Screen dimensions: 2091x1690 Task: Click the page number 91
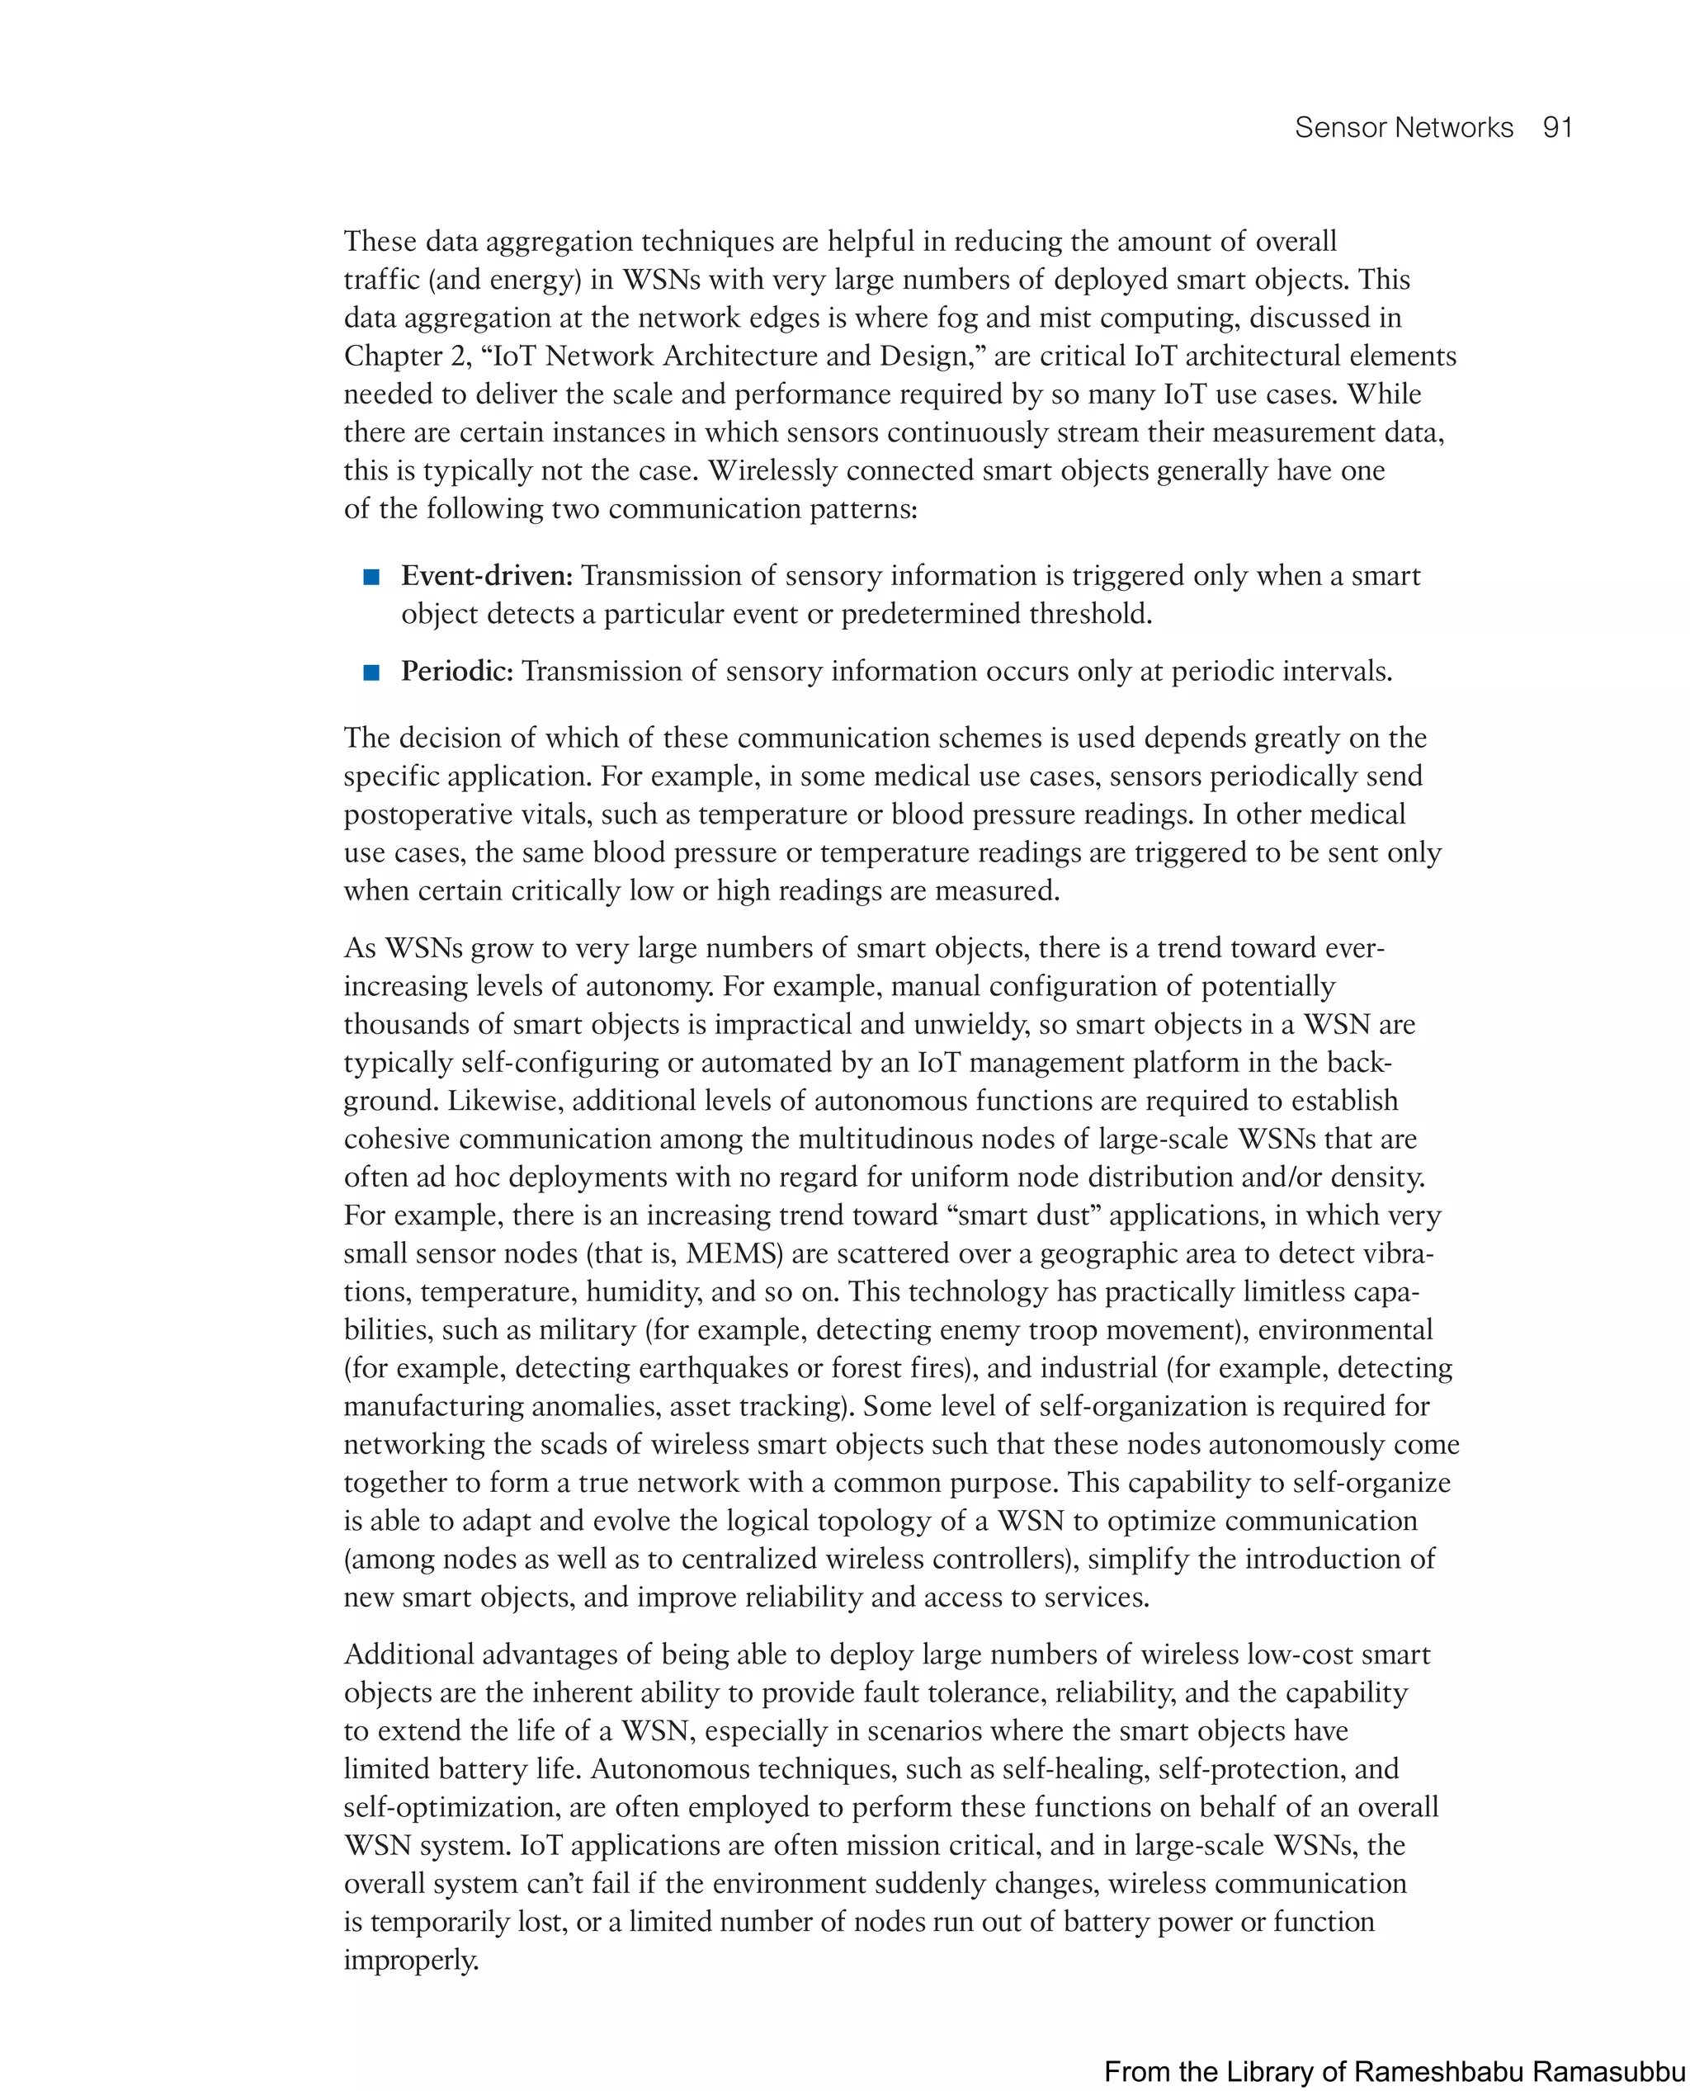click(1558, 128)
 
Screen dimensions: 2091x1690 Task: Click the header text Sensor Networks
click(1403, 128)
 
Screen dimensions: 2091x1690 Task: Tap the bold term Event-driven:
click(487, 575)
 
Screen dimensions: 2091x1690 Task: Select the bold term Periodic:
click(456, 671)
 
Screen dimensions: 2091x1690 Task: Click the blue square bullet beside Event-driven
click(371, 578)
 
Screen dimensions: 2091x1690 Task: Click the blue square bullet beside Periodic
click(371, 673)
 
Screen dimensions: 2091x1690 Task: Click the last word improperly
click(411, 1960)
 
